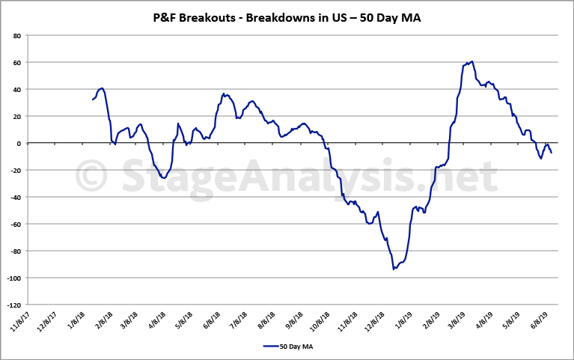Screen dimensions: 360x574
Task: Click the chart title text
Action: (287, 17)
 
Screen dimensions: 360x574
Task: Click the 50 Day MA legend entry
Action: (287, 346)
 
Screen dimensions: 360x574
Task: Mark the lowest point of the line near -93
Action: (394, 269)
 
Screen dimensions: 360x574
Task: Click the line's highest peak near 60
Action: (471, 61)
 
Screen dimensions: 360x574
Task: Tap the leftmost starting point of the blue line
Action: (93, 100)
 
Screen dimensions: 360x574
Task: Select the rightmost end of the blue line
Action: (552, 153)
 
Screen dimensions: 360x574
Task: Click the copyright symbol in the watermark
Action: (91, 177)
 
